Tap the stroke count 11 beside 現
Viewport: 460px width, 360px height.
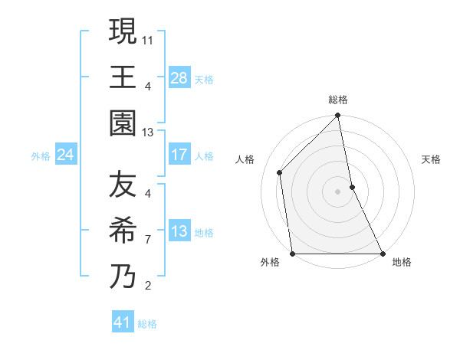pos(148,38)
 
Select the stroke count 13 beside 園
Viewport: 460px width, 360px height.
pos(148,132)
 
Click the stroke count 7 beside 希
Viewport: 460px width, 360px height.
pos(148,240)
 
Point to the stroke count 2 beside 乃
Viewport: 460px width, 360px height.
pos(148,286)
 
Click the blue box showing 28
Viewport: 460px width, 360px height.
pos(179,77)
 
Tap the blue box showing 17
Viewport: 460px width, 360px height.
pos(179,155)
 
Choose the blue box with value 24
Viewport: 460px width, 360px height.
pos(66,155)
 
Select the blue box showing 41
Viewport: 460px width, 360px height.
pos(123,322)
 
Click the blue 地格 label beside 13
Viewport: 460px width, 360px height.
pos(204,232)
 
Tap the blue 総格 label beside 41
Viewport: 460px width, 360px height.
pos(147,324)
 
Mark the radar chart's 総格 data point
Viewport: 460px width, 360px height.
pos(338,116)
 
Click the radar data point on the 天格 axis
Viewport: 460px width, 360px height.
pos(352,187)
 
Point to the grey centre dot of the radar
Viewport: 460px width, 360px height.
pos(337,191)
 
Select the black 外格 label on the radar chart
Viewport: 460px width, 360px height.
pos(269,263)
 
